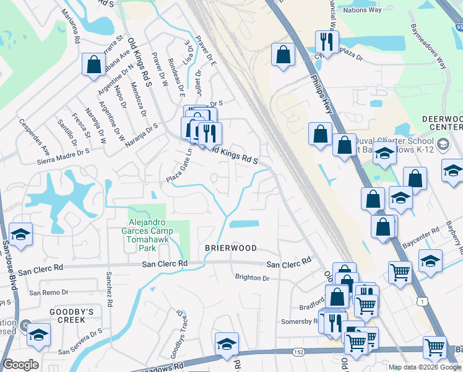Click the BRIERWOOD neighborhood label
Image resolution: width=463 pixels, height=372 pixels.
coord(231,248)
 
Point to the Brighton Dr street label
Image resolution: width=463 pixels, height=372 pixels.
coord(252,278)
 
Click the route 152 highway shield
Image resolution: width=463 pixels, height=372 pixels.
coord(298,352)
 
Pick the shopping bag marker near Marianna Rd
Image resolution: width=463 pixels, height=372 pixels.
coord(93,64)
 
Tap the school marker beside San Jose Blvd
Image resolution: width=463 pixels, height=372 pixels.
coord(20,234)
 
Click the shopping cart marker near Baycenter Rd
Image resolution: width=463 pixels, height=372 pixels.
coord(400,271)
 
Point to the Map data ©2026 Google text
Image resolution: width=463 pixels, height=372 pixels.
coord(425,367)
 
